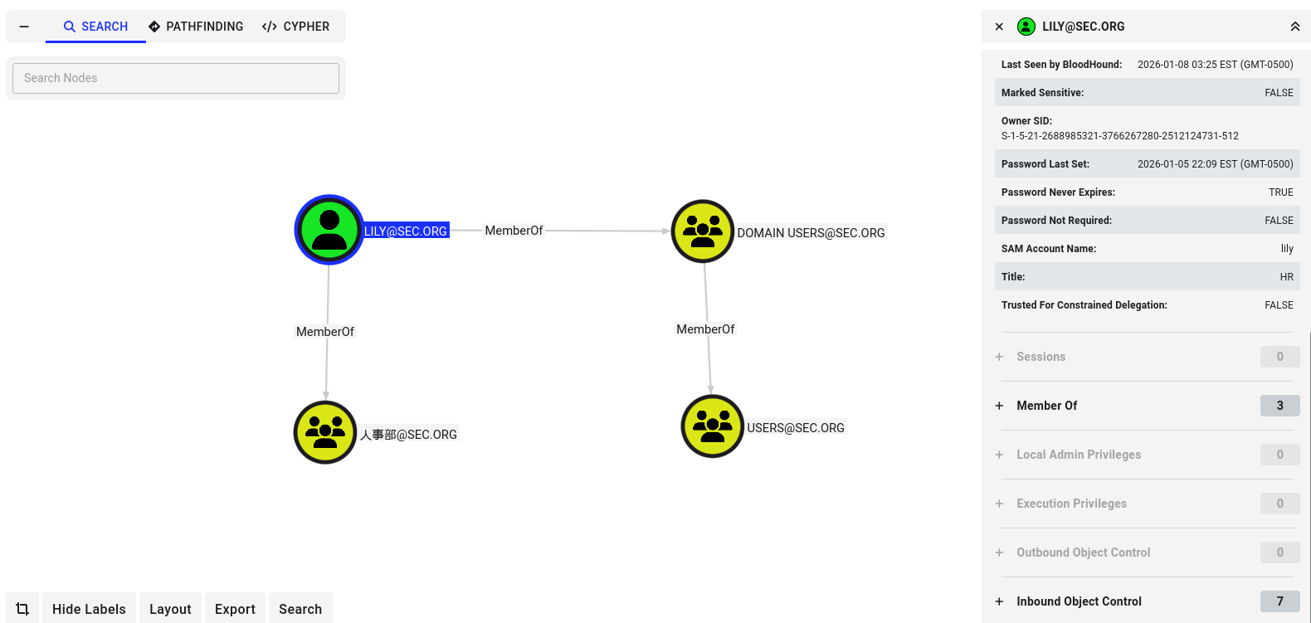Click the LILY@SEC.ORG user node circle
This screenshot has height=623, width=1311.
[x=329, y=230]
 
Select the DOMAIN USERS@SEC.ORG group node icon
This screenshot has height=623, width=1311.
[x=703, y=231]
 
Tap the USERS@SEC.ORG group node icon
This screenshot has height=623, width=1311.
[x=712, y=426]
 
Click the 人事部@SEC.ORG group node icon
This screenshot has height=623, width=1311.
[x=325, y=432]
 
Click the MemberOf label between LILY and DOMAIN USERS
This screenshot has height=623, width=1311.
[x=514, y=231]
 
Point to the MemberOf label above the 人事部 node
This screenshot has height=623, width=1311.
[x=325, y=332]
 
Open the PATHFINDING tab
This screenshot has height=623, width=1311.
[x=196, y=27]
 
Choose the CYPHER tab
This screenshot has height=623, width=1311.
[x=295, y=27]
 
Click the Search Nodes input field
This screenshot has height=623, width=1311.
[x=176, y=78]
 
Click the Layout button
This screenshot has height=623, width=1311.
[x=170, y=609]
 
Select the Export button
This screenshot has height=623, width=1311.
[x=235, y=609]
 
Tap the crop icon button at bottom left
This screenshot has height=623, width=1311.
[x=22, y=609]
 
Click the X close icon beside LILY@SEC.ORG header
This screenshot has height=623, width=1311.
[x=999, y=27]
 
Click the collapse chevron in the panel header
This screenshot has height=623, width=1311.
[x=1294, y=27]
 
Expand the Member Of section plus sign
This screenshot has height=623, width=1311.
[x=999, y=406]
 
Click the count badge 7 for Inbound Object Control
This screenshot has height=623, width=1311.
[x=1279, y=601]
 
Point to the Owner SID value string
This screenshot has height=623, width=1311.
[x=1119, y=136]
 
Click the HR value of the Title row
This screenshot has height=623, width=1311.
[x=1286, y=277]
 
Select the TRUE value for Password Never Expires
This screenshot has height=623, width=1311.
[x=1280, y=192]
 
